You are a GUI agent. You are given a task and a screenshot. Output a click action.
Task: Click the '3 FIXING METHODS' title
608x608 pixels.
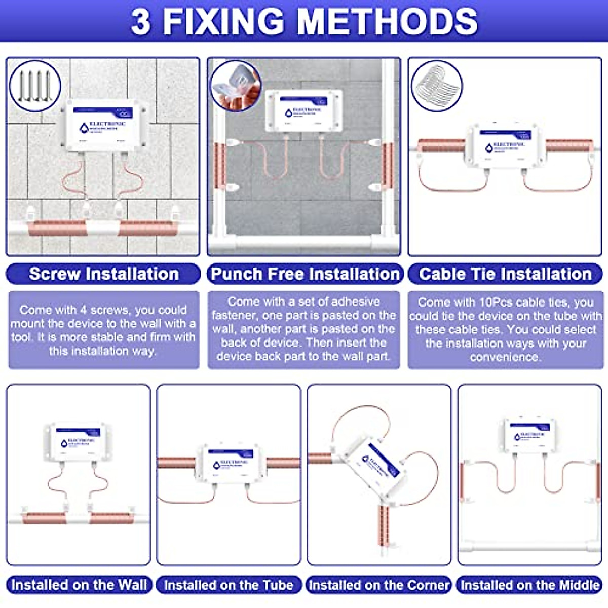coord(304,21)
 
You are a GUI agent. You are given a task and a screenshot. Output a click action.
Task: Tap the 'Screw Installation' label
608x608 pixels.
coord(103,274)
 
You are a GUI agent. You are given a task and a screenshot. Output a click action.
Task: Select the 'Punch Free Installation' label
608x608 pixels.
coord(305,274)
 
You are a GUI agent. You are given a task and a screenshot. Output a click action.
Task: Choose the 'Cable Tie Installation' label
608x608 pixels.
coord(505,274)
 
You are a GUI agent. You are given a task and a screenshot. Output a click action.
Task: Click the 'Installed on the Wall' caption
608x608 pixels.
coord(79,585)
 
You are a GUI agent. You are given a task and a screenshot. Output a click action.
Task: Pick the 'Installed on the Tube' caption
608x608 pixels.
coord(229,585)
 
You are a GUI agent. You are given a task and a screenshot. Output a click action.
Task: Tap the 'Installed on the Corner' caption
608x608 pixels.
coord(379,585)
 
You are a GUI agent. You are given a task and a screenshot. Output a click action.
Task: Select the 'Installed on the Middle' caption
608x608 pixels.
coord(530,585)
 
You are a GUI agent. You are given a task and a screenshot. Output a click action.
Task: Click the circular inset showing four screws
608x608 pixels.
coord(34,86)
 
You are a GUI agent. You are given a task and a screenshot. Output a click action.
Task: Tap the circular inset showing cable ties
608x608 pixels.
coord(437,86)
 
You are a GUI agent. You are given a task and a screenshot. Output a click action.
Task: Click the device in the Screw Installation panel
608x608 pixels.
coord(106,126)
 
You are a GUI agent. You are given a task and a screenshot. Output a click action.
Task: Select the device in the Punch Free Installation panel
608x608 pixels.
coord(304,111)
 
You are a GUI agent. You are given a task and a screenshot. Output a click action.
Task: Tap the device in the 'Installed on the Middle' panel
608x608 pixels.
coord(529,435)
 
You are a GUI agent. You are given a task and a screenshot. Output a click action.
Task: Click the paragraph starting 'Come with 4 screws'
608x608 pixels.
coord(103,330)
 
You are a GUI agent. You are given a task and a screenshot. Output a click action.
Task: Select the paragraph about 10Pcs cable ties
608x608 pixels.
coord(505,330)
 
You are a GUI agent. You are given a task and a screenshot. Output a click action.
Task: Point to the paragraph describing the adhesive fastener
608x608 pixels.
coord(304,329)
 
